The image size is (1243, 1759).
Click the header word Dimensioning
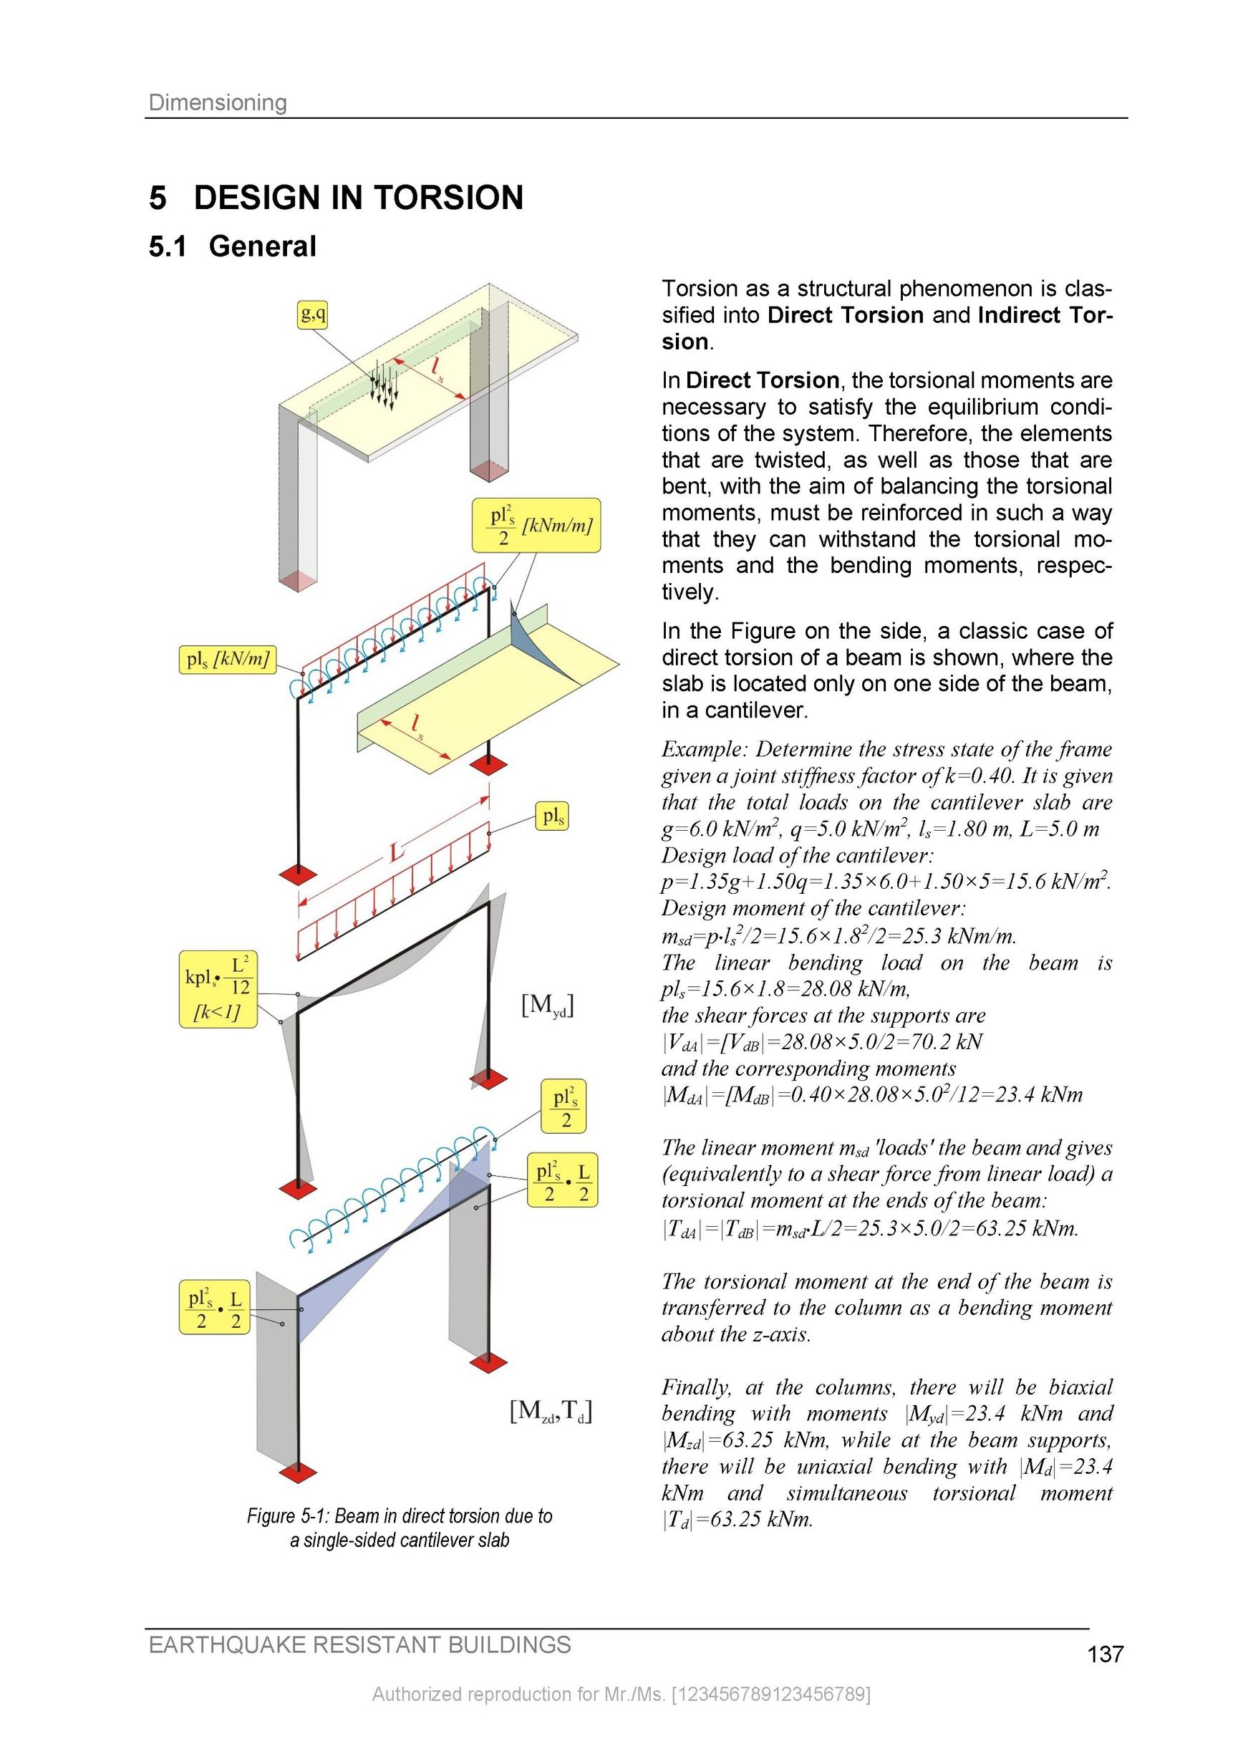tap(218, 102)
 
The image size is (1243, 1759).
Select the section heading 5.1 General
tap(232, 246)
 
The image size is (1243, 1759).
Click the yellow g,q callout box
tap(312, 314)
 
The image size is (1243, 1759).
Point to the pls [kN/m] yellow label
tap(227, 659)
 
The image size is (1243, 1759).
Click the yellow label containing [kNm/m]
tap(536, 526)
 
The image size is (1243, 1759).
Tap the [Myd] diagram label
tap(548, 1005)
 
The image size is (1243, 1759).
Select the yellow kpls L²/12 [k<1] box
tap(218, 989)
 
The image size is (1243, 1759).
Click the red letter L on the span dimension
tap(397, 852)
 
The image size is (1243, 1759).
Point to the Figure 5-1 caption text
tap(399, 1528)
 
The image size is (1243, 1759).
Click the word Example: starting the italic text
tap(704, 749)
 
